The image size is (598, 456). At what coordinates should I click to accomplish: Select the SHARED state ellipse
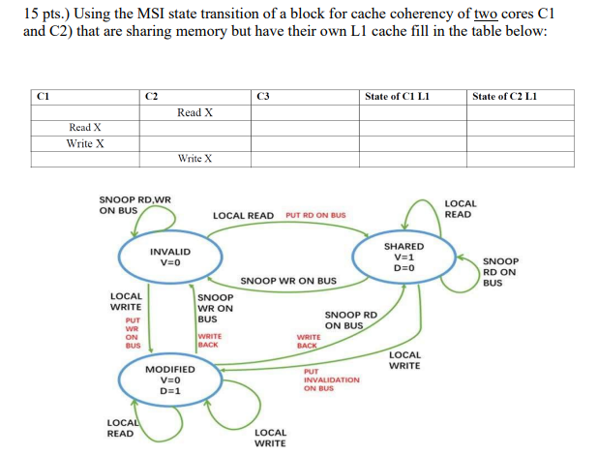(x=404, y=257)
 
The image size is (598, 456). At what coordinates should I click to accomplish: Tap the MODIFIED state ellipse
(x=169, y=380)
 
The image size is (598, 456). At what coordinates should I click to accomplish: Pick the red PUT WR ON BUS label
(x=134, y=331)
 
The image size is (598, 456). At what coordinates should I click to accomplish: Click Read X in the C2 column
(x=194, y=112)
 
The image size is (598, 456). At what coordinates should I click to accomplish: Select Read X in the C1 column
(x=85, y=128)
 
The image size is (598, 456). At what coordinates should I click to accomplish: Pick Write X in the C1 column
(x=85, y=143)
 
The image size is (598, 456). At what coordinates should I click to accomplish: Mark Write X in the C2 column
(x=194, y=159)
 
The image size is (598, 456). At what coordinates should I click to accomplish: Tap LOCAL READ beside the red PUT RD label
(x=243, y=215)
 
